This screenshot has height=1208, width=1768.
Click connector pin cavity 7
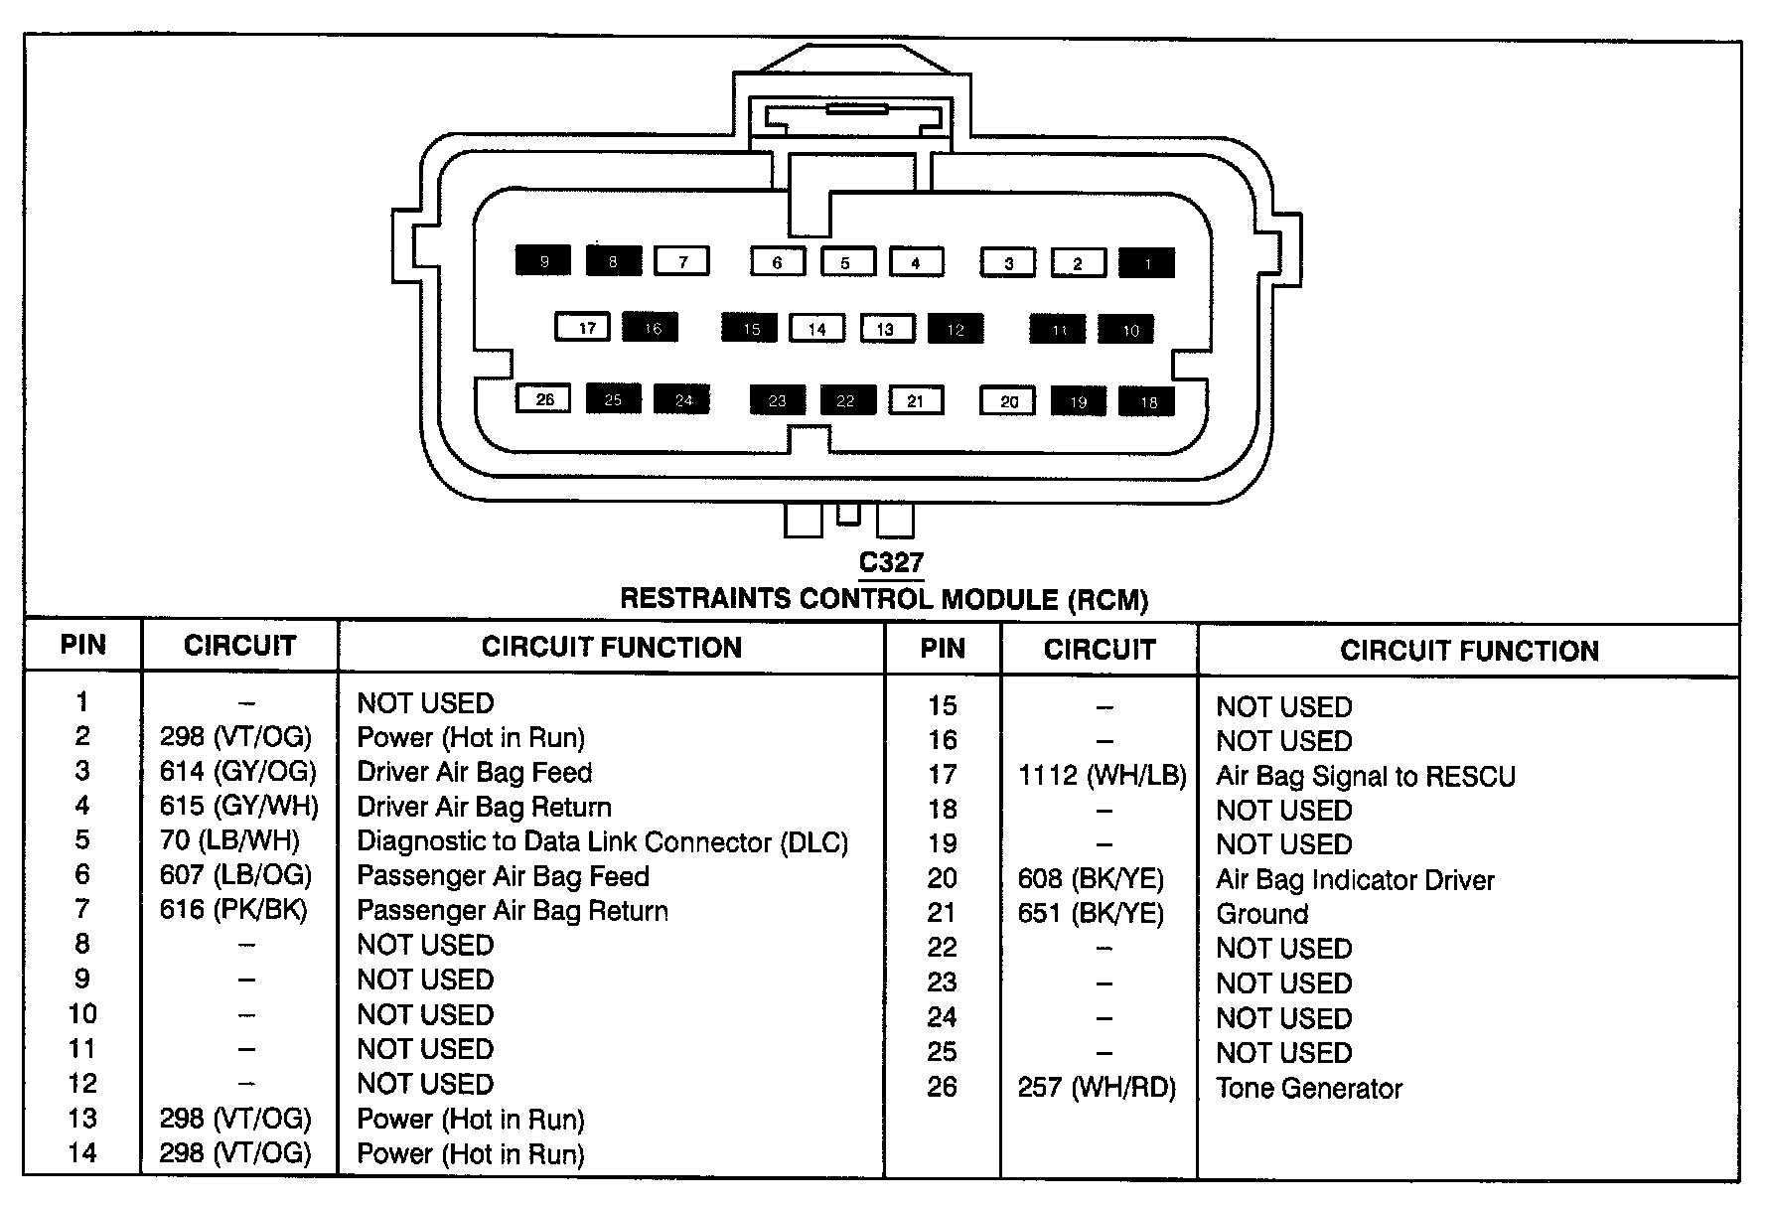(682, 261)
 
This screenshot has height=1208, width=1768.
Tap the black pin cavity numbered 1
(1147, 263)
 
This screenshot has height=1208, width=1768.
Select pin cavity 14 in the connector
(816, 329)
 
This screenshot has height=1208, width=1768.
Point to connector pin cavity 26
(543, 399)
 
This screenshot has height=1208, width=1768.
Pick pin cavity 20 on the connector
(1008, 401)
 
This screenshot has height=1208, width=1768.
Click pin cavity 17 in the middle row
(586, 328)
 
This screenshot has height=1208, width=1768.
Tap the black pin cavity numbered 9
(543, 261)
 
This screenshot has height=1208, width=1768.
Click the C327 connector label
(891, 563)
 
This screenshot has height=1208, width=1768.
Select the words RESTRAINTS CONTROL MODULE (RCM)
(884, 599)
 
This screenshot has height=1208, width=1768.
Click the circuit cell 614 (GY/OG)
(238, 772)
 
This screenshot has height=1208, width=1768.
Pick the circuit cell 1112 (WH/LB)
(1102, 776)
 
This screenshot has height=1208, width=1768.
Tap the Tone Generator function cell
(1309, 1089)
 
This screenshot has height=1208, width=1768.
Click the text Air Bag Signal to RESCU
(1366, 776)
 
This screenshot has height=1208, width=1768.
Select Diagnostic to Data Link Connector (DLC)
(602, 841)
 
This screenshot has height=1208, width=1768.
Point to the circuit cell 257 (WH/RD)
(1097, 1089)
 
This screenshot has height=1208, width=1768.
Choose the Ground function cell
(1262, 914)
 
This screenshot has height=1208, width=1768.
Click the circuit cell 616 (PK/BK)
(233, 910)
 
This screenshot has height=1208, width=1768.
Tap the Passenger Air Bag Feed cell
(503, 876)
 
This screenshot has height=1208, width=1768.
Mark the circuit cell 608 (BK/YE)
(1091, 879)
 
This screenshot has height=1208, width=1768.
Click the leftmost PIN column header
(83, 646)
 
